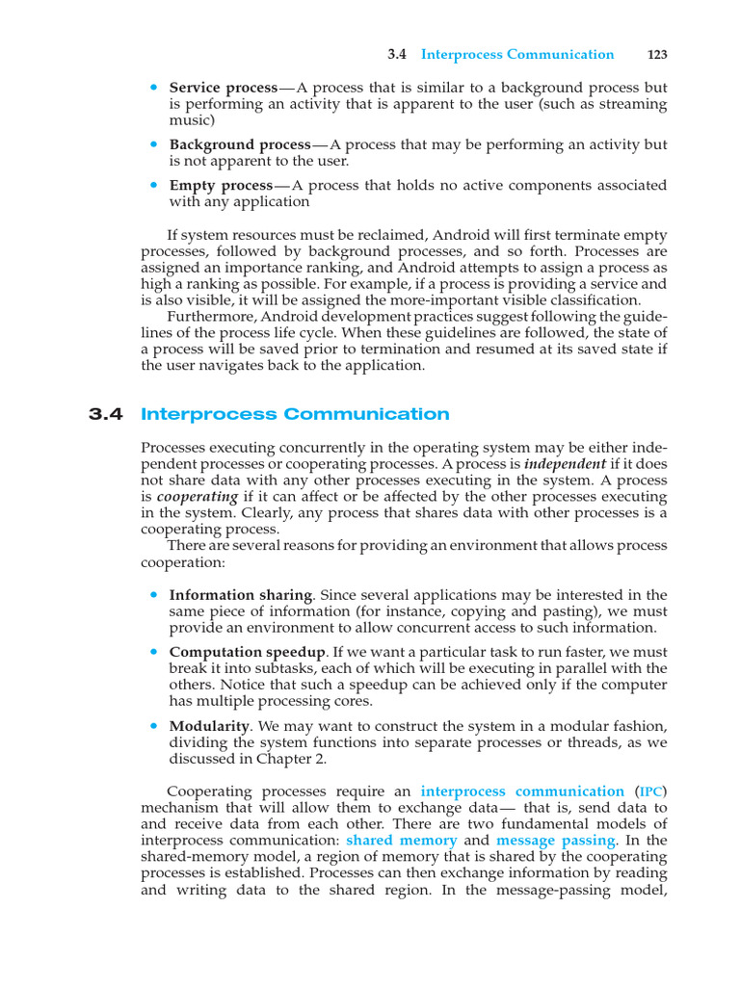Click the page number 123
click(658, 55)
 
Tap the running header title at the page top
click(517, 55)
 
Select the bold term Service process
click(224, 88)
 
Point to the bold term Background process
click(240, 144)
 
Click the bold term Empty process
click(222, 185)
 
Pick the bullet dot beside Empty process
click(153, 184)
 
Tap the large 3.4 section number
click(106, 415)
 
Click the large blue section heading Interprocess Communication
click(295, 415)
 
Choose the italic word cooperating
click(198, 496)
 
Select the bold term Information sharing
click(240, 595)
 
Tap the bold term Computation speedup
click(249, 652)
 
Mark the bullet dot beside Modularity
click(153, 724)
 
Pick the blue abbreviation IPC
click(650, 791)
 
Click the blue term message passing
click(555, 841)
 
